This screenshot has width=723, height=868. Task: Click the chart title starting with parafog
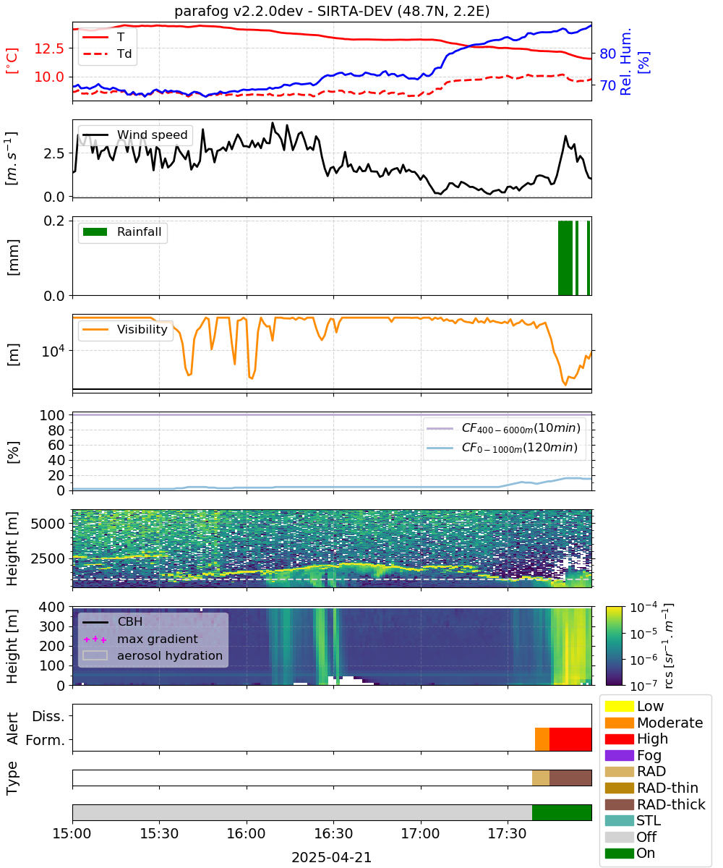(x=332, y=11)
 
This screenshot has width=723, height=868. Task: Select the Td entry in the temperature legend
(x=107, y=54)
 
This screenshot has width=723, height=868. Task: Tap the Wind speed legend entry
(x=135, y=135)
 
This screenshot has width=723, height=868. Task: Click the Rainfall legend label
(x=139, y=231)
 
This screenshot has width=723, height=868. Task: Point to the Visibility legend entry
(x=124, y=329)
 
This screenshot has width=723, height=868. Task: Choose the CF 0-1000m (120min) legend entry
(x=502, y=448)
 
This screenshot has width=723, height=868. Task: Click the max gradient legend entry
(x=141, y=639)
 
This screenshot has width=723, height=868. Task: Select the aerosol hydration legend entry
(x=153, y=655)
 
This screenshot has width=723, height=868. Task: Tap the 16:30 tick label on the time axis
(x=333, y=833)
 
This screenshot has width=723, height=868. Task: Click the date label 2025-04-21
(x=332, y=857)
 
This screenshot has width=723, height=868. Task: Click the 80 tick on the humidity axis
(x=607, y=54)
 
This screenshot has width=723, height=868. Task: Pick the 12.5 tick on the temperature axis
(x=49, y=48)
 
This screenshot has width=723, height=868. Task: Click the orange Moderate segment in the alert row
(x=542, y=739)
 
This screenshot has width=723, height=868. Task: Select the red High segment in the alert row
(x=570, y=739)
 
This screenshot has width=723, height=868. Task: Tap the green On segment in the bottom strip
(x=561, y=812)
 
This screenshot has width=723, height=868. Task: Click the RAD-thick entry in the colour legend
(x=655, y=804)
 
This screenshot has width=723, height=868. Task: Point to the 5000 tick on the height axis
(x=48, y=524)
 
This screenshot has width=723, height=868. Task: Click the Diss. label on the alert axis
(x=48, y=716)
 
